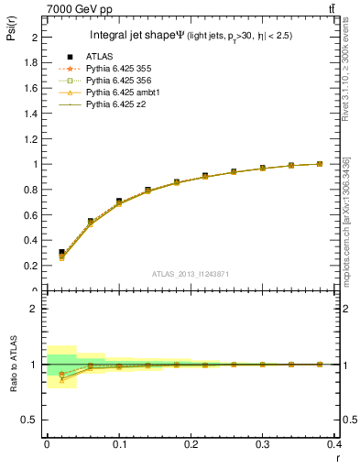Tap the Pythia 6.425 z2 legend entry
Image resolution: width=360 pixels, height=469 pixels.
pyautogui.click(x=115, y=104)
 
